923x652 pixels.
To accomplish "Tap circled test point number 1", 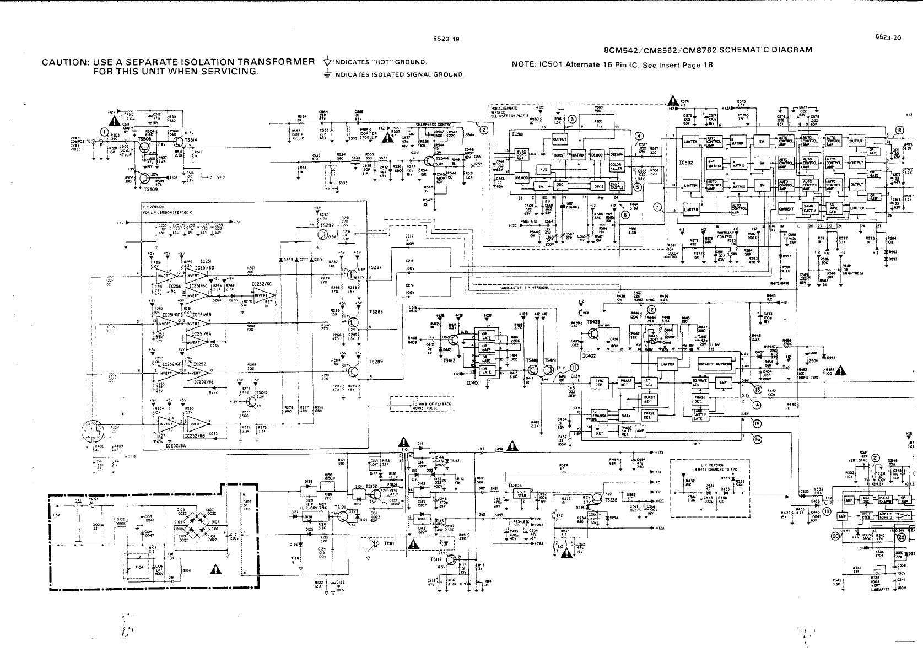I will tap(104, 131).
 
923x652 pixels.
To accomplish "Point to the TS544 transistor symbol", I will tap(430, 161).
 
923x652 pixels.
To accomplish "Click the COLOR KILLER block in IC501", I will tap(616, 165).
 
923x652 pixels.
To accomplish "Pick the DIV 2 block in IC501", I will tap(598, 185).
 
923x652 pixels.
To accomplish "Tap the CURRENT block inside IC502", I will tap(785, 209).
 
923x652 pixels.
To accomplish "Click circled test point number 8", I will tap(900, 131).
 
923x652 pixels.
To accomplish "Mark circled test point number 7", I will tap(657, 208).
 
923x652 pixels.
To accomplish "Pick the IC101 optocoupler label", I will tap(389, 543).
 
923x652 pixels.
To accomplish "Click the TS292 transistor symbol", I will tap(323, 234).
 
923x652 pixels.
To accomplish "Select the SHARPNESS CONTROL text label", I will tap(438, 125).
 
